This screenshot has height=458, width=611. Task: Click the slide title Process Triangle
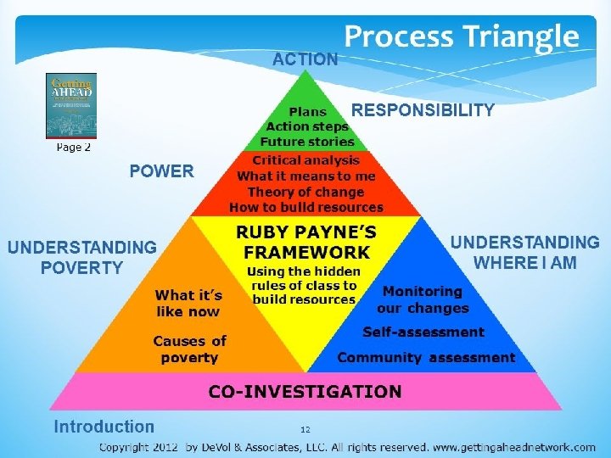pos(461,36)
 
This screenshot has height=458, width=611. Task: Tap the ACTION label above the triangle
pos(305,59)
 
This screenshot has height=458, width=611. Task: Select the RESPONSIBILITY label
pos(423,110)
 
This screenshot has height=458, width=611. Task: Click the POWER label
pos(161,171)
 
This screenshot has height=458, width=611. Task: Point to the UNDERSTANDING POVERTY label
pos(82,257)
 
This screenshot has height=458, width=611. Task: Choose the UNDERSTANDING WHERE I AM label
pos(524,253)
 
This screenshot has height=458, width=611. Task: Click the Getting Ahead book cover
pos(71,105)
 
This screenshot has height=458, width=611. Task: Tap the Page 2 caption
pos(73,148)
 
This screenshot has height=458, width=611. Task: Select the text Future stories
pos(306,142)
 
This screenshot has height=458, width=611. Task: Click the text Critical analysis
pos(306,160)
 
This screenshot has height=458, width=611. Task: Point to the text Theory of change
pos(306,192)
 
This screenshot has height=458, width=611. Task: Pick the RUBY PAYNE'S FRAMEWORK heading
pos(306,242)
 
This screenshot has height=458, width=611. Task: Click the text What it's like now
pos(188,303)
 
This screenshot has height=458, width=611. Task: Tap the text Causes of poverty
pos(189,349)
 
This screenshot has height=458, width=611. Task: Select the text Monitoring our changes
pos(423,299)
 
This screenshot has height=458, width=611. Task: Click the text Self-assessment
pos(423,332)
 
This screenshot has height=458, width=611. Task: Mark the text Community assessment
pos(426,357)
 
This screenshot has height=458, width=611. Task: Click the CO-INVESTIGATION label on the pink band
pos(305,392)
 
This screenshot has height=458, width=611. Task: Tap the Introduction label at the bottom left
pos(104,427)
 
